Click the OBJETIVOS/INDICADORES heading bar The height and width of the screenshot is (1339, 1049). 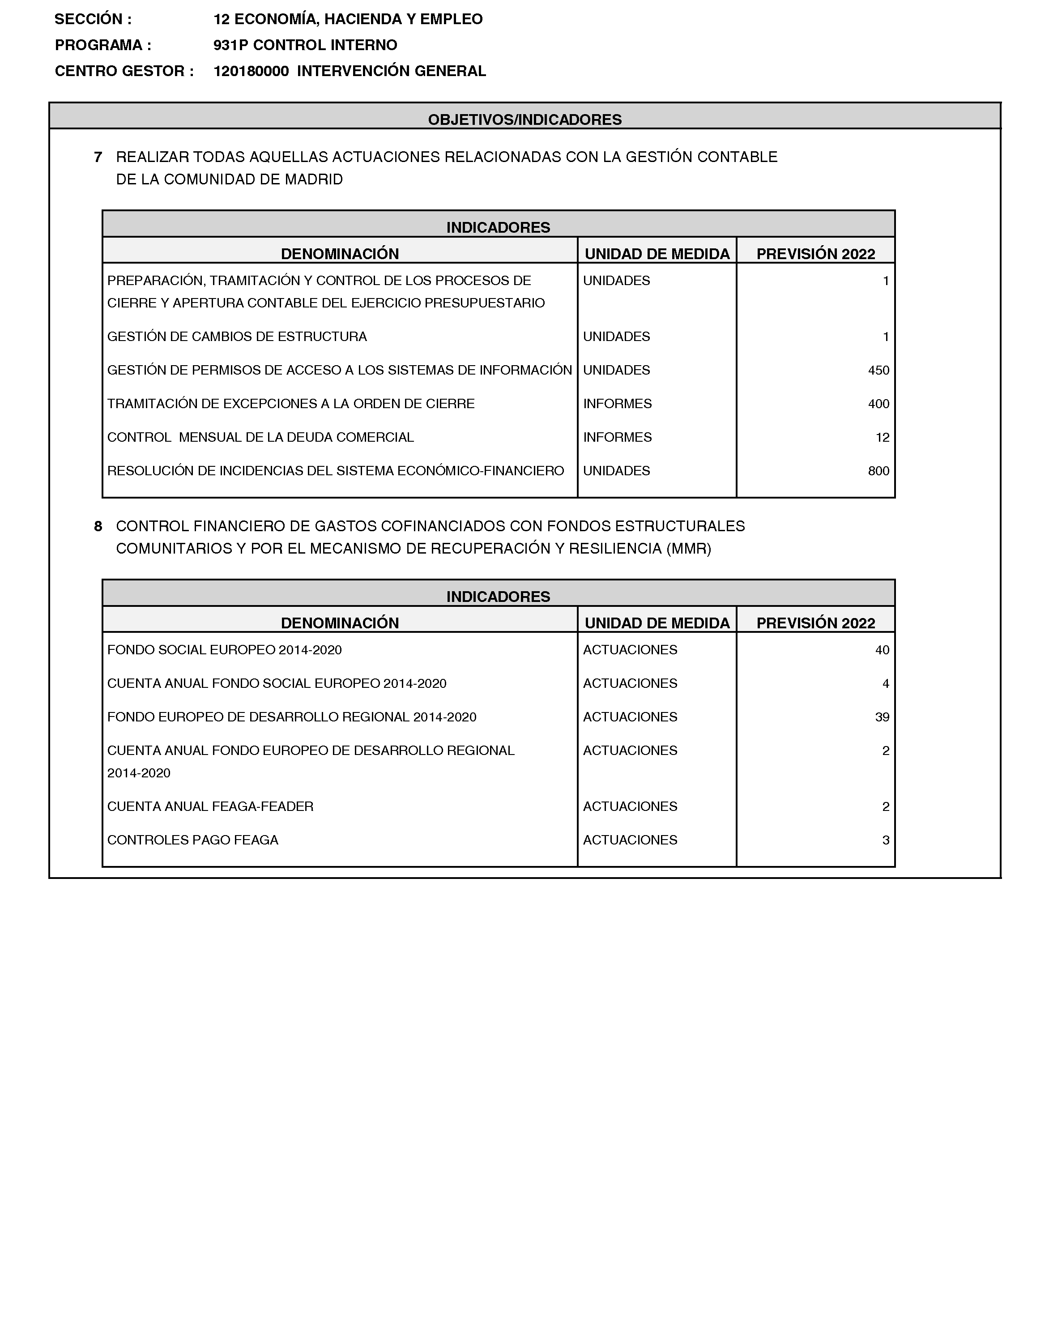524,119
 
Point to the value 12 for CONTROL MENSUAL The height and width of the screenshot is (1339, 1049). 882,437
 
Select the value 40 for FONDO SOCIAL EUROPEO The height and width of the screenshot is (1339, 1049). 882,650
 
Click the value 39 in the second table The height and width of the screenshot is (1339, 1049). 882,717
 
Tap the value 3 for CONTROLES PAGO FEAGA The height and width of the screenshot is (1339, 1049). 886,840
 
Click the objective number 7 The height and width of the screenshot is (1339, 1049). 98,157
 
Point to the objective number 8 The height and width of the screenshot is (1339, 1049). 98,526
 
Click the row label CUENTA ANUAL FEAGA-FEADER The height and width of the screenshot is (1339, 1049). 210,806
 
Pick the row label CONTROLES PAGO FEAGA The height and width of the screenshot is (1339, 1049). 192,840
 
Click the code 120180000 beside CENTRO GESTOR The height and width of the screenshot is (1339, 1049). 251,71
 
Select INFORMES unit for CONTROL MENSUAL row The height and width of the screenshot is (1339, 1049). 617,437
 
